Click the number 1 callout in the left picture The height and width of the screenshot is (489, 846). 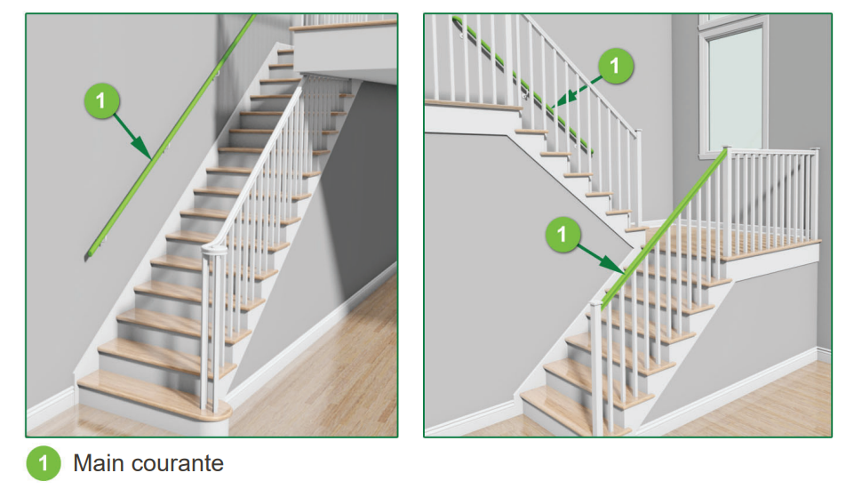coord(101,100)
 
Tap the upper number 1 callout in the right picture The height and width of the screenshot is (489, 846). coord(615,66)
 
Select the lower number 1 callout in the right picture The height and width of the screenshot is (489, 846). coord(563,234)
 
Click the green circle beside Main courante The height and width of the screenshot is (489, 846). coord(44,463)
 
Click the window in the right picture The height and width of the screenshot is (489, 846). coord(734,86)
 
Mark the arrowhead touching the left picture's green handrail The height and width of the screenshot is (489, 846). coord(142,149)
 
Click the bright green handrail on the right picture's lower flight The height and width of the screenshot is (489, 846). coord(665,228)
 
